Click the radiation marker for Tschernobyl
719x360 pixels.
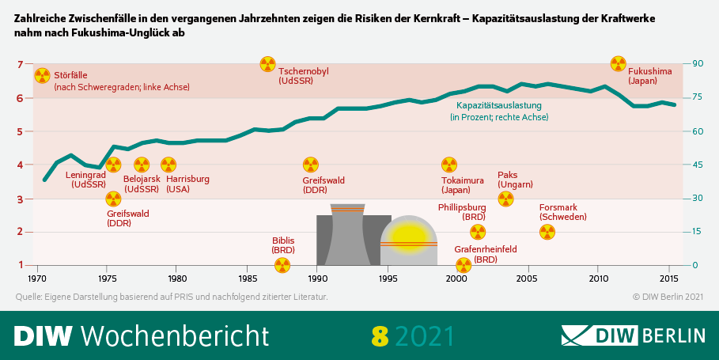(x=268, y=64)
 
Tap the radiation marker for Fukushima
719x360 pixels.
(x=619, y=64)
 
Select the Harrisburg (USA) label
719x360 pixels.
(x=187, y=184)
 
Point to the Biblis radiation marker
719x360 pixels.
(x=282, y=265)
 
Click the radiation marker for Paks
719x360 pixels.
(x=505, y=199)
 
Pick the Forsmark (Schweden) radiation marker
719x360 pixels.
(x=547, y=232)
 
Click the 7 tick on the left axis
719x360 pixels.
(x=20, y=64)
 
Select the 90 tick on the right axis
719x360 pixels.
(x=698, y=64)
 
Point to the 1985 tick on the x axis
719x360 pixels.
(x=247, y=279)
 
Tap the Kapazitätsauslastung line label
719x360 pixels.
(x=499, y=111)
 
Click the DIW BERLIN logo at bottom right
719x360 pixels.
(x=633, y=335)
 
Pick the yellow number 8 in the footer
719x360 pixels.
(x=380, y=335)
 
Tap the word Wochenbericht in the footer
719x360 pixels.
(x=175, y=335)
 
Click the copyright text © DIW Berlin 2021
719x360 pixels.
(x=668, y=297)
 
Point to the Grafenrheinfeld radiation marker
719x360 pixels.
(x=464, y=265)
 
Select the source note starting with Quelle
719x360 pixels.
(x=171, y=297)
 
